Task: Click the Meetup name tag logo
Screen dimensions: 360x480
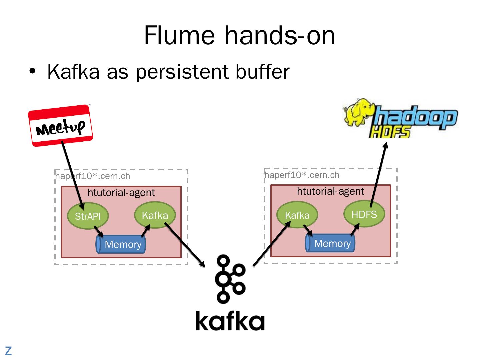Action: click(60, 126)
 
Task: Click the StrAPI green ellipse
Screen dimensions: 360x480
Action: click(88, 216)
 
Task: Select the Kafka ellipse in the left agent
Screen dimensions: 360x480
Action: click(155, 215)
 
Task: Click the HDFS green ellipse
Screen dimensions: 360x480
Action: click(364, 214)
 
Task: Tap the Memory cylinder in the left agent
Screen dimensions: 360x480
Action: click(121, 244)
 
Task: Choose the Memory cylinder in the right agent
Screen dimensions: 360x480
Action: click(330, 243)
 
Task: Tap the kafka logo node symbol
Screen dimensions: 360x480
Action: click(230, 279)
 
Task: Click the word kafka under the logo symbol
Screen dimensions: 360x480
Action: click(230, 321)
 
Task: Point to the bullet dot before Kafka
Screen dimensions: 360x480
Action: click(32, 71)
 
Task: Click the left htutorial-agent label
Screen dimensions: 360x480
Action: click(121, 193)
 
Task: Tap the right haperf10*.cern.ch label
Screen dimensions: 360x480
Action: click(302, 175)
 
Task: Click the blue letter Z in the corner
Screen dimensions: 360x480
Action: click(8, 351)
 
